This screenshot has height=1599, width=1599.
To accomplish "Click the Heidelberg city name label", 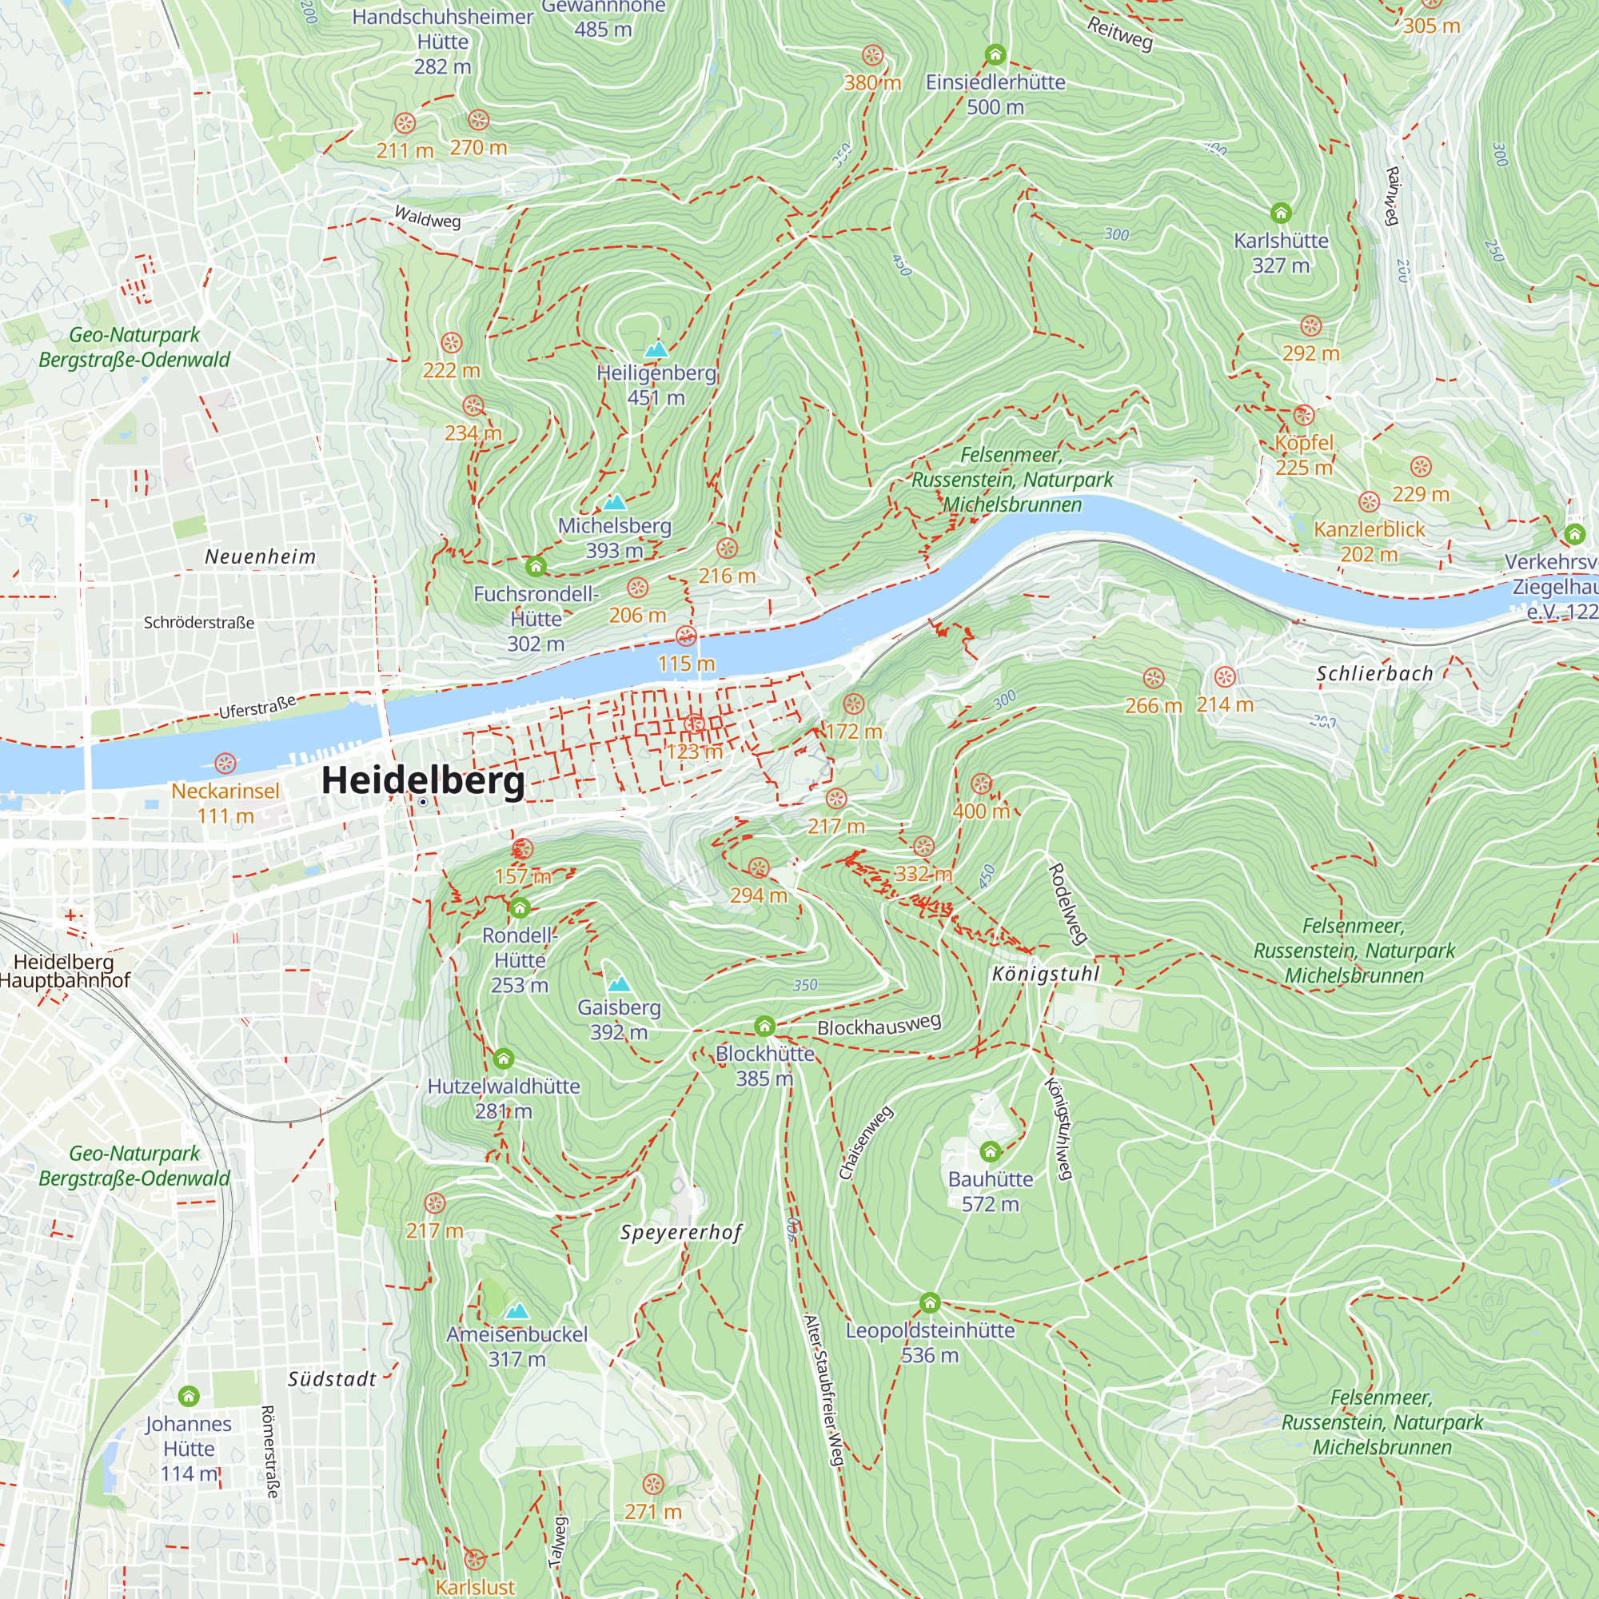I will (422, 780).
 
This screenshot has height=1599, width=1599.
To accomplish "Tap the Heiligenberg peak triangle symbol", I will (656, 349).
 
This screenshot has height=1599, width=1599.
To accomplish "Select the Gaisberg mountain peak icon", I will (619, 984).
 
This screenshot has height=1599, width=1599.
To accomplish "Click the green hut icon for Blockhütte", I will (764, 1027).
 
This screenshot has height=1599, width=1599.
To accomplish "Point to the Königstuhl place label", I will (1045, 973).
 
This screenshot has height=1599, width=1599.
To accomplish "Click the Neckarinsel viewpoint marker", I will (225, 763).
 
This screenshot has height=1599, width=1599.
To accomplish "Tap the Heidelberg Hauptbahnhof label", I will (65, 971).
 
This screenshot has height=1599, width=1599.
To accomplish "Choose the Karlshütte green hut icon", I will (1280, 213).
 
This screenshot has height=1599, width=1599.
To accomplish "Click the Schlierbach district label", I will (1374, 674).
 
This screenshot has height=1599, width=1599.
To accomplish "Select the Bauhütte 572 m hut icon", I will (990, 1151).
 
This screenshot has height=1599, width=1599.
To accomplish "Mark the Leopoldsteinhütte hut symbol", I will (930, 1303).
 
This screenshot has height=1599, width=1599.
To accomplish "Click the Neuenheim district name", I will (260, 557).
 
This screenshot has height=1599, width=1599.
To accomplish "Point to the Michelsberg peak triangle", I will (614, 502).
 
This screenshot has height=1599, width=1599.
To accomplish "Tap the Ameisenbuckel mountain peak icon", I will (516, 1311).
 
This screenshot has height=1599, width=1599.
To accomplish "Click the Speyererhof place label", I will (681, 1232).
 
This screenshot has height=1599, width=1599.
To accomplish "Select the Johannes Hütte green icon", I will (189, 1397).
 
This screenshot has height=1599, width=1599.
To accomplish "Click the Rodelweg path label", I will (1067, 903).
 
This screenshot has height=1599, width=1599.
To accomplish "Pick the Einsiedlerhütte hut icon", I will (995, 55).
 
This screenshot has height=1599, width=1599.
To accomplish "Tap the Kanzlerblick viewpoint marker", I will (1369, 502).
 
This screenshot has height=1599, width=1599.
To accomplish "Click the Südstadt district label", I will (332, 1380).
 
